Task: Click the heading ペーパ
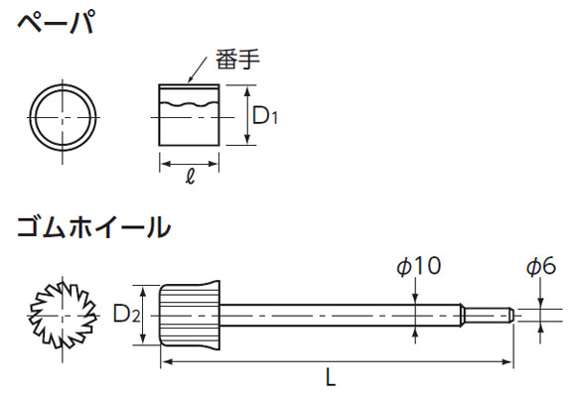[57, 23]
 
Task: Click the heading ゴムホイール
[94, 227]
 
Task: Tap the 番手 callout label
[237, 60]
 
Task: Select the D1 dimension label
[265, 116]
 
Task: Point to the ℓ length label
[190, 177]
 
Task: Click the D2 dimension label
[126, 315]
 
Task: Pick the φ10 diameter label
[419, 266]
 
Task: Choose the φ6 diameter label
[541, 266]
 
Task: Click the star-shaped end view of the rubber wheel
[63, 316]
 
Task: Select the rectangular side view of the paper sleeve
[189, 115]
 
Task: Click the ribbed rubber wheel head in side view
[190, 315]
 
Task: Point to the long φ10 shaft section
[341, 316]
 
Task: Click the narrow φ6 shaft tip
[488, 316]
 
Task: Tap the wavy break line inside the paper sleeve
[189, 104]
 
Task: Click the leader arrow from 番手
[198, 70]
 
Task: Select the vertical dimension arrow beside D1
[248, 115]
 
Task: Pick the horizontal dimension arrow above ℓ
[189, 164]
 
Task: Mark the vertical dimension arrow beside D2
[144, 315]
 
